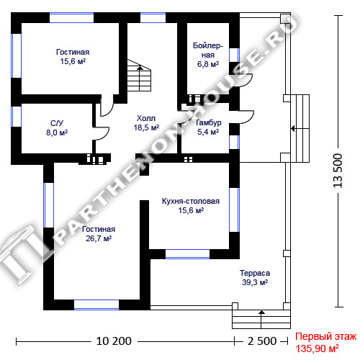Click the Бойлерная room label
tap(208, 50)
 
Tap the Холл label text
tap(146, 118)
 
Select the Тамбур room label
tap(208, 122)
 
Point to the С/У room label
tap(57, 123)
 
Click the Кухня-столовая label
tap(191, 201)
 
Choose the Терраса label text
tap(255, 273)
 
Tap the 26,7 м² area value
tap(99, 238)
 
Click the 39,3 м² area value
tap(255, 282)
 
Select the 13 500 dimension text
tap(338, 171)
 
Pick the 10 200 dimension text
tap(114, 341)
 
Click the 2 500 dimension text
tap(262, 341)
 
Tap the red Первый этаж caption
tap(325, 337)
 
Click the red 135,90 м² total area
tap(317, 348)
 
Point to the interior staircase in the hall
tap(139, 75)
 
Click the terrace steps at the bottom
tap(261, 319)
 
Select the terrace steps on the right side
tap(300, 128)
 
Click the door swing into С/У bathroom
tap(102, 133)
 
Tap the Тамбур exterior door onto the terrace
tap(246, 117)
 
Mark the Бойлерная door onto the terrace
tap(244, 81)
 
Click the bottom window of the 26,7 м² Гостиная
tap(96, 305)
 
